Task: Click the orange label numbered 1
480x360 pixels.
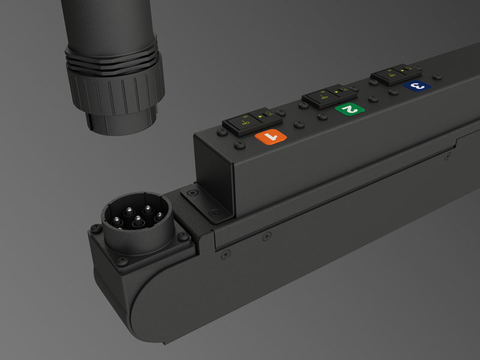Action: [272, 137]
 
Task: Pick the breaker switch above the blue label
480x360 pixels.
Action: [396, 75]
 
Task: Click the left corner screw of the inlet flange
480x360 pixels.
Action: [95, 228]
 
